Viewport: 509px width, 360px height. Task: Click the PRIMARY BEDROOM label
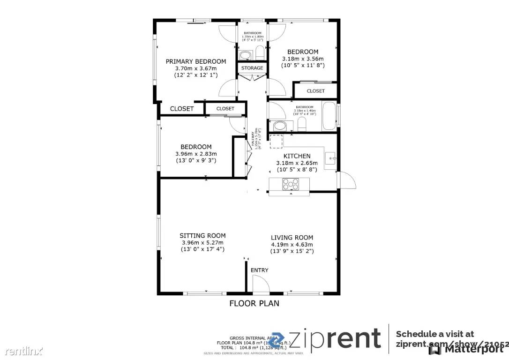196,61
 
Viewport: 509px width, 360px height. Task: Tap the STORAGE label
252,68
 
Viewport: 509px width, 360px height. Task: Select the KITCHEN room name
297,156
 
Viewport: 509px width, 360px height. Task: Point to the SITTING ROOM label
202,236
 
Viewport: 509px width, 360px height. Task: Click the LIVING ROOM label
292,238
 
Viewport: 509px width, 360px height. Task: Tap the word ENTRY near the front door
260,270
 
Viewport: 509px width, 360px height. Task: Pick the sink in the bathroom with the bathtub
280,126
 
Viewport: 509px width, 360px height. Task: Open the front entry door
259,284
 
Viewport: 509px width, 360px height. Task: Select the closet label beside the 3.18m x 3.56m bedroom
315,91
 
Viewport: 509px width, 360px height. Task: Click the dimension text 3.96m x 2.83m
196,154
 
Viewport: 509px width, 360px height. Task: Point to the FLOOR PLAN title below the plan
254,303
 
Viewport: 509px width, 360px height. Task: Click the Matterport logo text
470,349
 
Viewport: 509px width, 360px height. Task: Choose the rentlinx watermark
22,350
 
